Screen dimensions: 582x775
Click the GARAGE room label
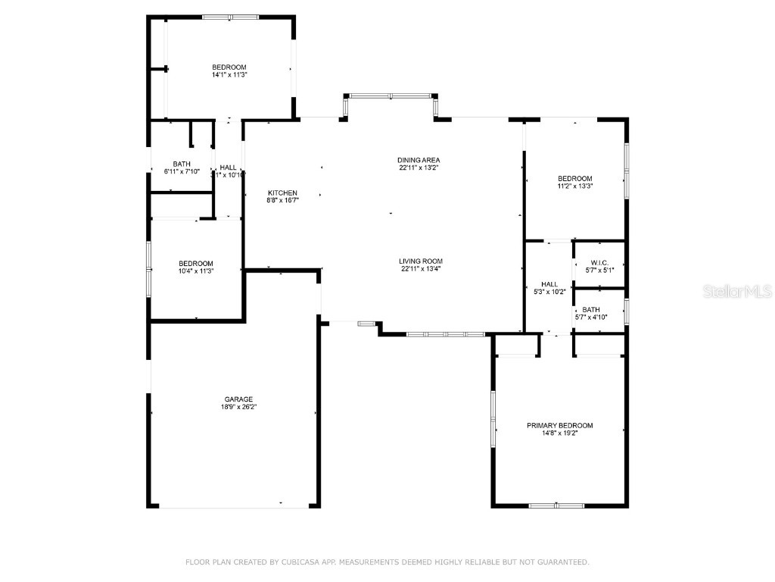[x=238, y=399]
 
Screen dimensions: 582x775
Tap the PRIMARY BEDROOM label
[x=559, y=426]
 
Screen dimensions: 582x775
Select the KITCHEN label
[x=282, y=192]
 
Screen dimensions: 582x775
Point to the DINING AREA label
[x=419, y=160]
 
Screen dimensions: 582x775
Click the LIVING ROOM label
[x=420, y=261]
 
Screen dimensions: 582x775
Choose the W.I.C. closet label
[x=599, y=262]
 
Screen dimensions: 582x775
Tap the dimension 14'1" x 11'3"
[x=229, y=75]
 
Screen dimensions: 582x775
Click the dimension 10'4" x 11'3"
[x=196, y=271]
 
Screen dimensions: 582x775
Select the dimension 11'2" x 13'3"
[x=575, y=186]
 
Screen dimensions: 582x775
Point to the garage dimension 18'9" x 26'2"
[x=238, y=407]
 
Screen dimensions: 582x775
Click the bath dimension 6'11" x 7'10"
[x=182, y=171]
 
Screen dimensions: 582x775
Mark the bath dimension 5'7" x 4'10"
[x=591, y=317]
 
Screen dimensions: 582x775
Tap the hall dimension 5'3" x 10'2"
[x=549, y=291]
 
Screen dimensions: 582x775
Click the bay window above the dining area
[x=391, y=96]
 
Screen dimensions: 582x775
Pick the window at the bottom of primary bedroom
[x=556, y=505]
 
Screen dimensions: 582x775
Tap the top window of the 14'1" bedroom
[x=230, y=17]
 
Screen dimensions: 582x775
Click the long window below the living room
[x=445, y=333]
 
